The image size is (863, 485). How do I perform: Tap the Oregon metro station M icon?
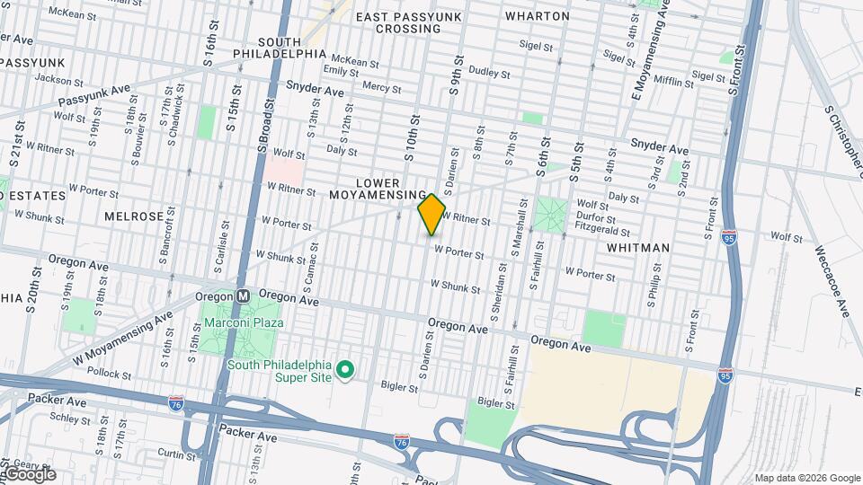pos(243,295)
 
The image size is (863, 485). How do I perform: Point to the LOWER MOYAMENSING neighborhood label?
pos(378,189)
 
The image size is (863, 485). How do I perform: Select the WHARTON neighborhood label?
pos(538,16)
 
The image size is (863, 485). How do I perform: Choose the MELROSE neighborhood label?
pos(134,216)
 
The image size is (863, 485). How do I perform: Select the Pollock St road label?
pos(111,373)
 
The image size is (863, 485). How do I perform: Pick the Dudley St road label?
pos(489,72)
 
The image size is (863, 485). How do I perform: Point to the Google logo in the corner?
pos(29,474)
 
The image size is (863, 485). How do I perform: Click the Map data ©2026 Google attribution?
pos(807,478)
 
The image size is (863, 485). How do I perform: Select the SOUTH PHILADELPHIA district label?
pos(280,48)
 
